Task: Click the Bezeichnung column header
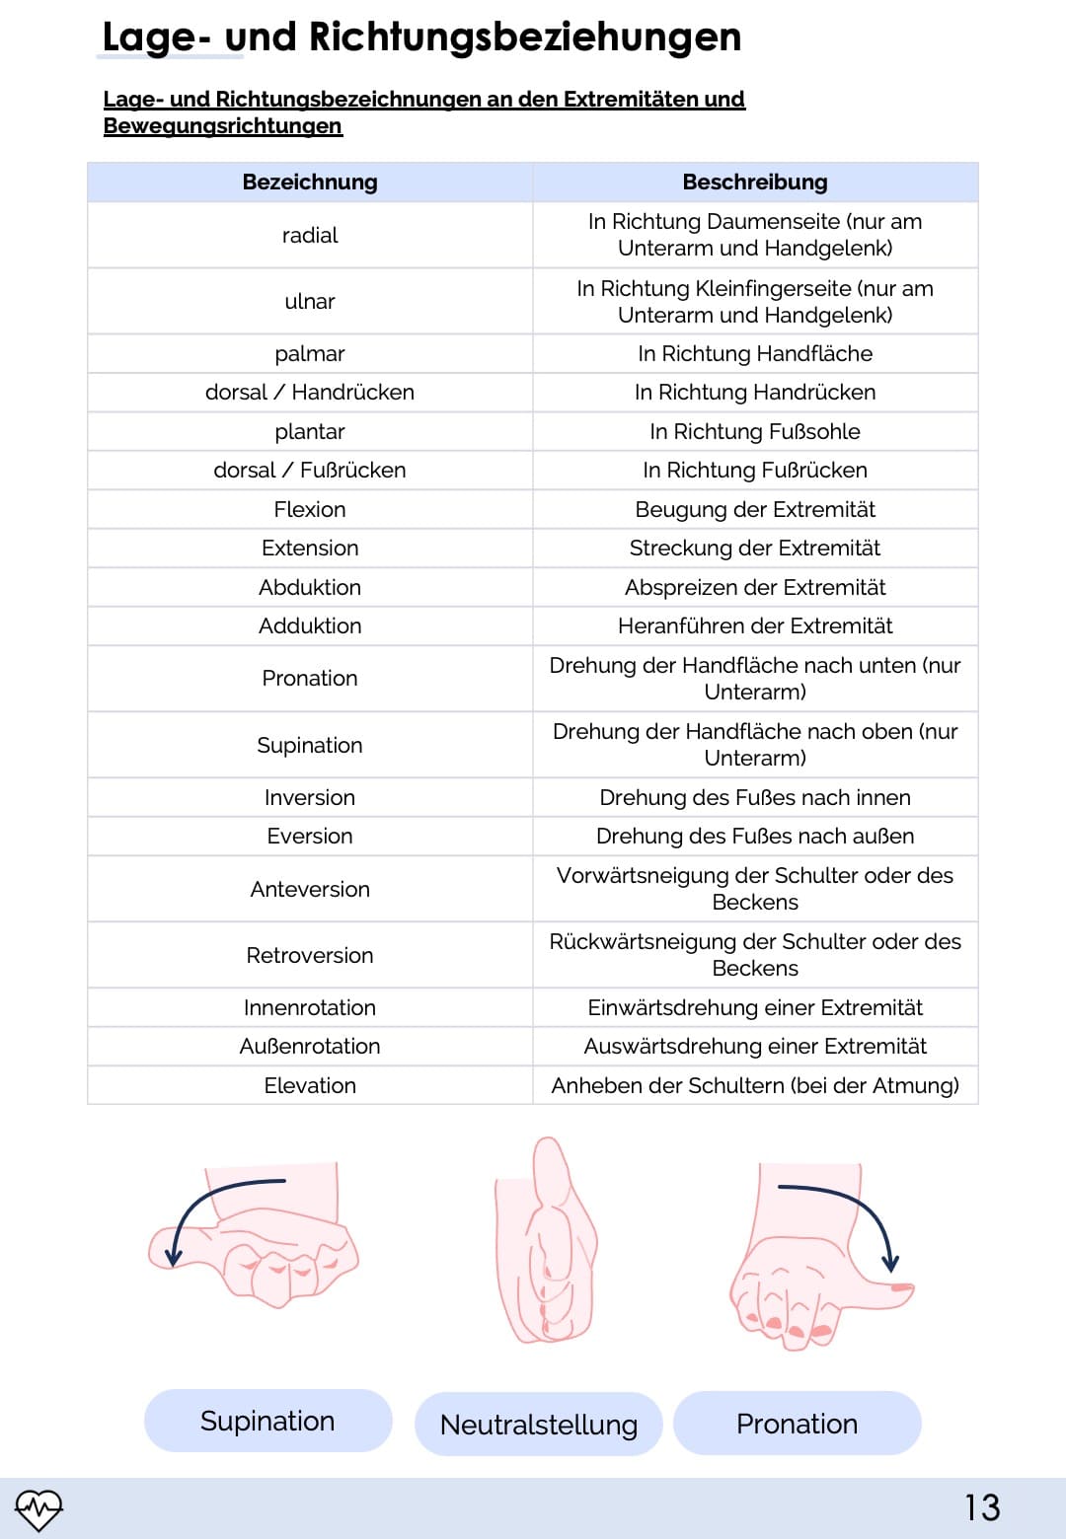(x=310, y=183)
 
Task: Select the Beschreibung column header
(x=755, y=183)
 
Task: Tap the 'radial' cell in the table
(x=310, y=236)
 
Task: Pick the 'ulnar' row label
(x=310, y=302)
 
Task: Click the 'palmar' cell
(x=310, y=354)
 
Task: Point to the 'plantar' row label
(x=310, y=432)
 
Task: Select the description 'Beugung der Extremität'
(x=755, y=510)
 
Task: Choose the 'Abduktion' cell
(x=310, y=588)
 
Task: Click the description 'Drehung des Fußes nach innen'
(x=755, y=798)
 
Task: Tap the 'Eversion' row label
(x=310, y=837)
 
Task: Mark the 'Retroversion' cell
(x=310, y=956)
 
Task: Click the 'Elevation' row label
(x=310, y=1086)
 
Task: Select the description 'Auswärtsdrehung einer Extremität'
(x=755, y=1047)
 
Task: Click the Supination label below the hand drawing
(x=267, y=1421)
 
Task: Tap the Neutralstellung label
(x=539, y=1425)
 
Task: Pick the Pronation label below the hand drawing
(x=797, y=1424)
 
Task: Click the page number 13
(x=982, y=1507)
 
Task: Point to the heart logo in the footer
(x=38, y=1508)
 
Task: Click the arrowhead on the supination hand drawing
(x=174, y=1258)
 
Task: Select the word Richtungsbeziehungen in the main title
(x=525, y=37)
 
